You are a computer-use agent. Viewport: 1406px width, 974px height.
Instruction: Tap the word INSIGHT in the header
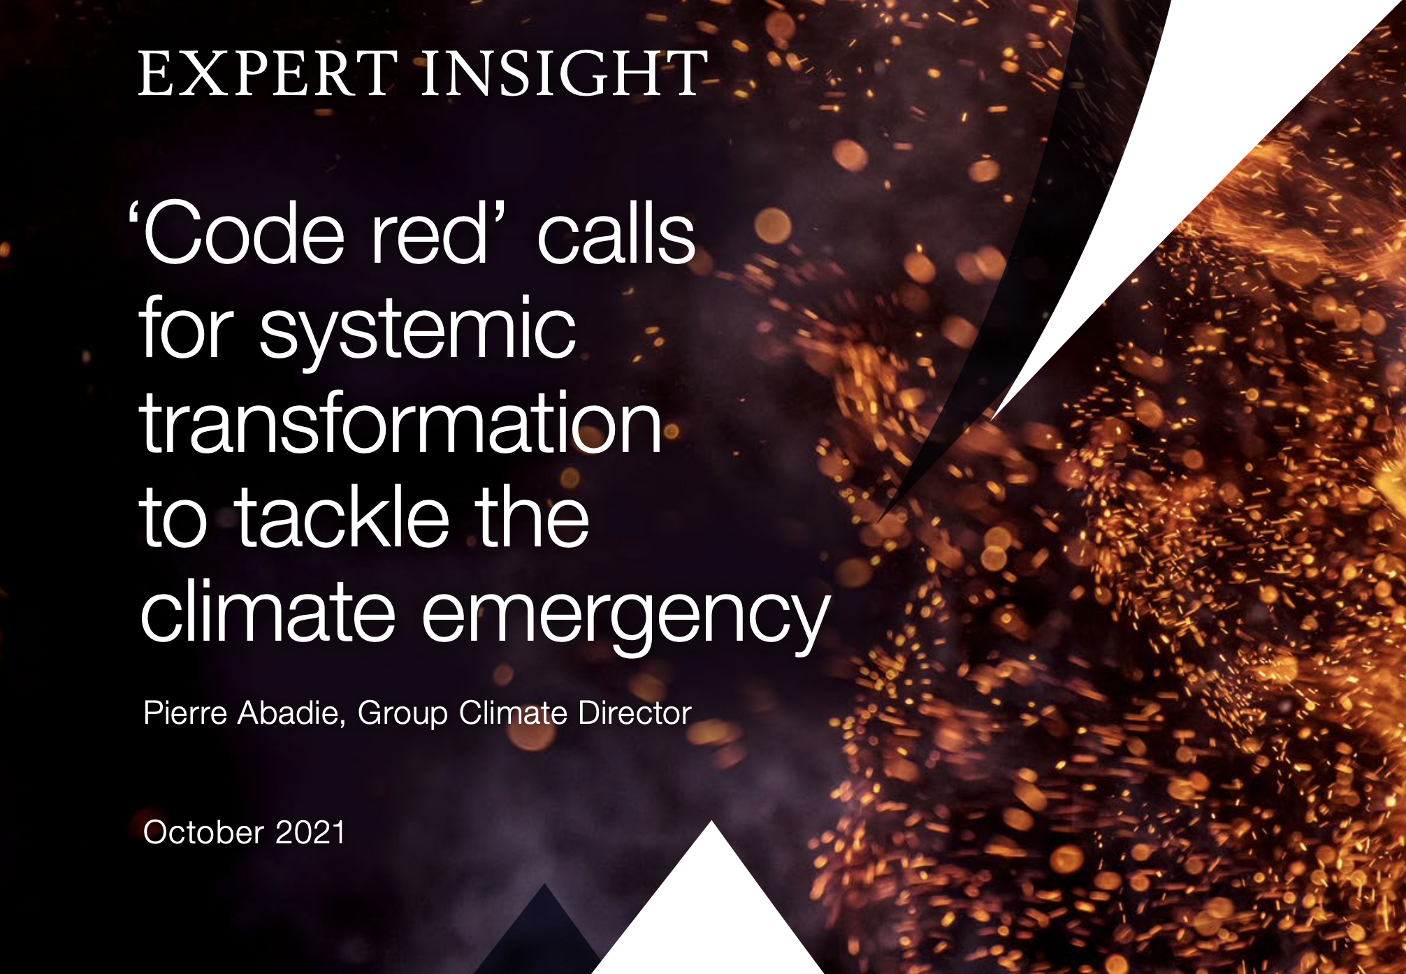tap(565, 73)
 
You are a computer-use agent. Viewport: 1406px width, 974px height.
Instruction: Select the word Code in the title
tap(244, 233)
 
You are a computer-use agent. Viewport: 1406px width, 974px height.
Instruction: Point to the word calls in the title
tap(616, 233)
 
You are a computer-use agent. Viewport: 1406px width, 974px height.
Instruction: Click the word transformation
tap(400, 422)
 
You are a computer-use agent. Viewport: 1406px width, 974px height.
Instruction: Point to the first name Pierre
tap(185, 713)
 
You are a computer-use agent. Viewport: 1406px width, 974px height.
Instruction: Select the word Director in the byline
tap(635, 713)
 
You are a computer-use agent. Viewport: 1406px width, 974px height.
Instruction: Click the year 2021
tap(310, 832)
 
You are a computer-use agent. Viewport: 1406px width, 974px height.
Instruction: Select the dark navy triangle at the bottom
tap(542, 936)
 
